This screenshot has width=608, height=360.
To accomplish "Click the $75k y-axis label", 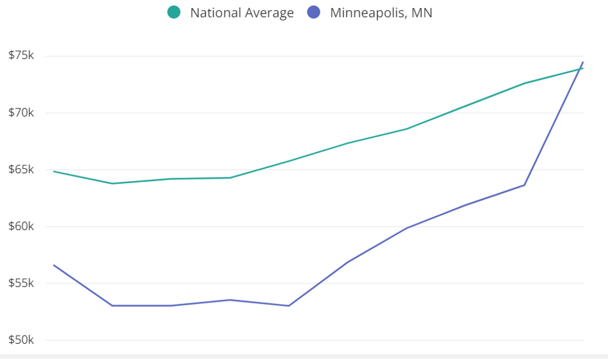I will (x=21, y=55).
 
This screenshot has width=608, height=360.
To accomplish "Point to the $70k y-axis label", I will (x=21, y=112).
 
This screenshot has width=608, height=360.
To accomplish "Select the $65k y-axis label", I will (x=21, y=169).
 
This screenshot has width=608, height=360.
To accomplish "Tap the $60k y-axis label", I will (x=21, y=226).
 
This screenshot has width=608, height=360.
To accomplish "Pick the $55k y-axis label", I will (x=21, y=283).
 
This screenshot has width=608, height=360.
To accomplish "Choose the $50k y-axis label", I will (x=21, y=341).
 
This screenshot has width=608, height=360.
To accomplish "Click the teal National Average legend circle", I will (x=174, y=12).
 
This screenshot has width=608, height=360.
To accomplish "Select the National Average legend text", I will (x=242, y=13).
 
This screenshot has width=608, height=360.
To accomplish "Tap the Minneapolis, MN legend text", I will (x=381, y=13).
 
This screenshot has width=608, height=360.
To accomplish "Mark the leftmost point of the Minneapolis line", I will (x=54, y=265).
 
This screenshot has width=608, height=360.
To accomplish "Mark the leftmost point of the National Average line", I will (x=54, y=171).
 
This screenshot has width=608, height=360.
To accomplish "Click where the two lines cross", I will (x=581, y=68).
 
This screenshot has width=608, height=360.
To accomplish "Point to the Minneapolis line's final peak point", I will (x=583, y=62).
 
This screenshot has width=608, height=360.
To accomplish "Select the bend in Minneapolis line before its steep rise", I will (x=525, y=185).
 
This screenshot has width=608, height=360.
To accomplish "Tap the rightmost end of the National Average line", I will (x=583, y=68).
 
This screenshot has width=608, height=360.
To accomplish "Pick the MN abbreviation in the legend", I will (x=422, y=13).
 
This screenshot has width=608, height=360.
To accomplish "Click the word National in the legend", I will (x=213, y=13).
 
